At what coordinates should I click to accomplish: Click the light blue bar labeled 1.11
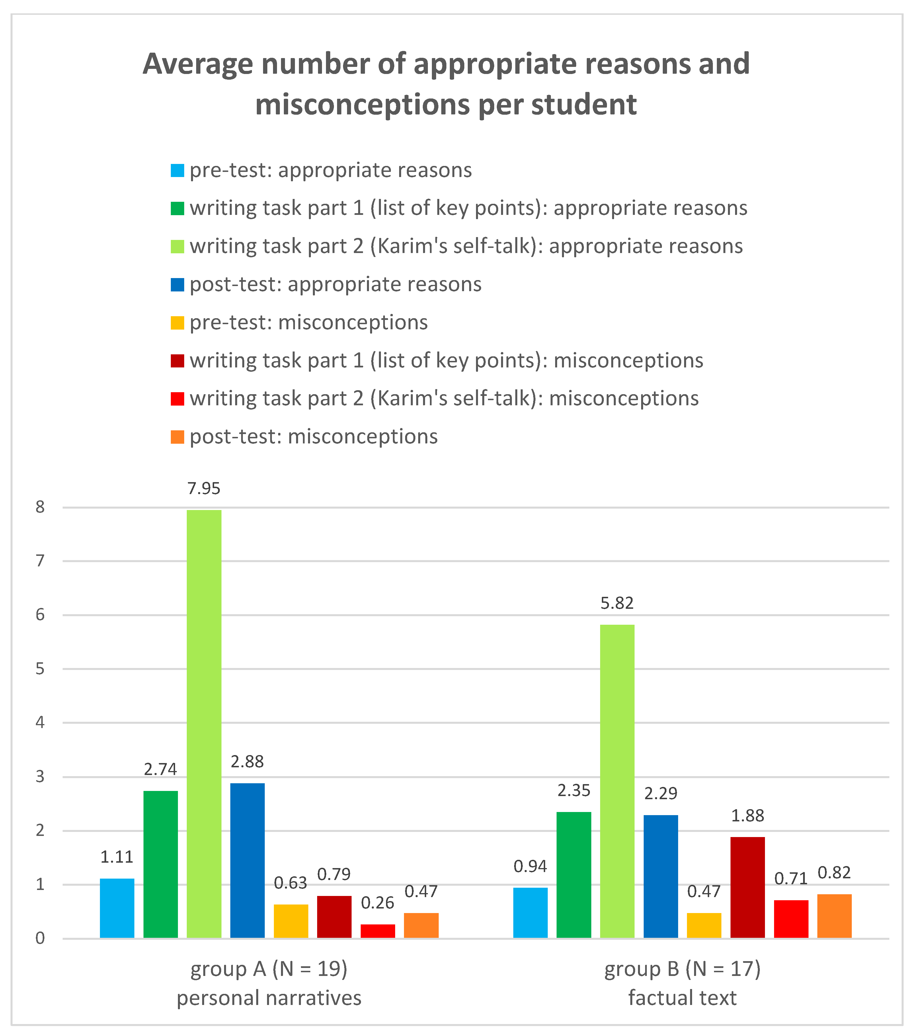click(117, 908)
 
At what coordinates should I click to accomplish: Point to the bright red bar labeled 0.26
click(377, 930)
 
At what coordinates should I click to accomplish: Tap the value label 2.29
click(660, 793)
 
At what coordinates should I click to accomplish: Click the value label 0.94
click(530, 866)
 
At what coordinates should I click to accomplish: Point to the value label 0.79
click(334, 874)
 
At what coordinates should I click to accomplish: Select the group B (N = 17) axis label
click(682, 969)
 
